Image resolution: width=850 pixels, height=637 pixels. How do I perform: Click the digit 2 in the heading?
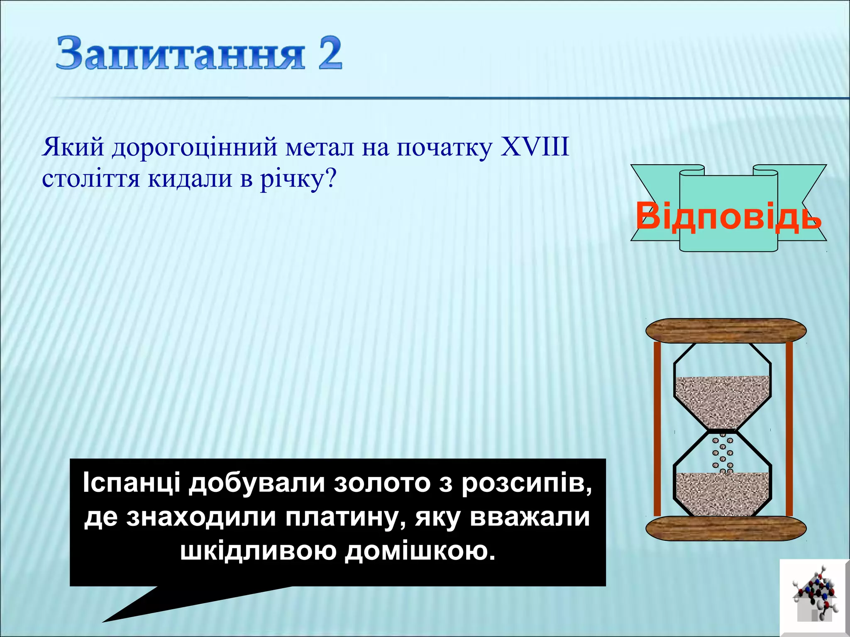[x=330, y=53]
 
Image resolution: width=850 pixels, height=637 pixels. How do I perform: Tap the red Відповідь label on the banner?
[x=728, y=216]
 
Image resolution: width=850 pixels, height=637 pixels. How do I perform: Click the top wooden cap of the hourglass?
[x=726, y=331]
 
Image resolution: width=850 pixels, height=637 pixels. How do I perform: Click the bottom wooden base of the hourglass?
[x=726, y=528]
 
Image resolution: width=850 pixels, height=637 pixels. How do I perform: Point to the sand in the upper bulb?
[x=722, y=400]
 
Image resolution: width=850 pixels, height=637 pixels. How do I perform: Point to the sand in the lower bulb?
[x=722, y=494]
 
